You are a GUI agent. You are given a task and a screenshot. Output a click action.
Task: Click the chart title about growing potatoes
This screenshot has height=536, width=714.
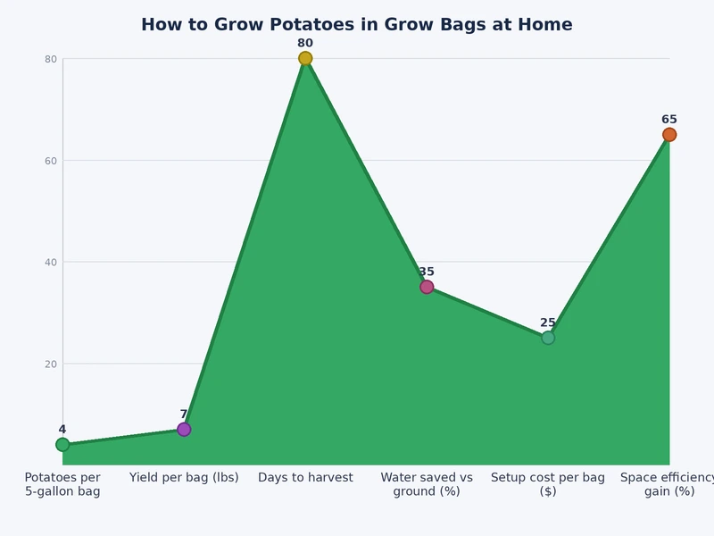pyautogui.click(x=357, y=25)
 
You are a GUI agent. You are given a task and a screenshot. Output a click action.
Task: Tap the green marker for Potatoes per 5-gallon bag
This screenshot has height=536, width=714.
pyautogui.click(x=62, y=445)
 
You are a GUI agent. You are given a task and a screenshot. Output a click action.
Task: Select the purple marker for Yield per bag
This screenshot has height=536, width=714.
pyautogui.click(x=184, y=430)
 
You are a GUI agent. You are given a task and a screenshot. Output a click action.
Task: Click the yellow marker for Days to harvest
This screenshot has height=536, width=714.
pyautogui.click(x=305, y=59)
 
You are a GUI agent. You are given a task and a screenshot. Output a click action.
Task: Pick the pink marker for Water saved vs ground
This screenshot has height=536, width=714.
pyautogui.click(x=427, y=287)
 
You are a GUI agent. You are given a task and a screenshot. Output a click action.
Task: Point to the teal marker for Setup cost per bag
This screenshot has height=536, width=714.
pyautogui.click(x=548, y=338)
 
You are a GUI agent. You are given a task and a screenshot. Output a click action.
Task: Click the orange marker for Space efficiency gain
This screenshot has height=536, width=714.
pyautogui.click(x=669, y=135)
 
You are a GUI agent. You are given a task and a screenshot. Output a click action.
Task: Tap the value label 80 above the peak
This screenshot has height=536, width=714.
pyautogui.click(x=305, y=43)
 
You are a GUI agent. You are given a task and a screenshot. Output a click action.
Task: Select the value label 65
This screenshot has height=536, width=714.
pyautogui.click(x=669, y=120)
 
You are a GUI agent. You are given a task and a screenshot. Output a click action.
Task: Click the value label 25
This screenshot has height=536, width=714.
pyautogui.click(x=548, y=322)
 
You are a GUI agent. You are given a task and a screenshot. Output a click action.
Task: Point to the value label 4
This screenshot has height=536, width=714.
pyautogui.click(x=62, y=430)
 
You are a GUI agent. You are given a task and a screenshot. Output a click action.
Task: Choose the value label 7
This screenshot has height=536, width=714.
pyautogui.click(x=184, y=415)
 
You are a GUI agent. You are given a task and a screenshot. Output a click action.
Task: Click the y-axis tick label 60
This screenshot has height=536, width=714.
pyautogui.click(x=51, y=161)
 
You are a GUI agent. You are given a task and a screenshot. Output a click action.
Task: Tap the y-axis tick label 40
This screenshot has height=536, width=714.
pyautogui.click(x=51, y=263)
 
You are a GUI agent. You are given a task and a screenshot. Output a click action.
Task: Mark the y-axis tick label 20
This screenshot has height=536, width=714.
pyautogui.click(x=51, y=364)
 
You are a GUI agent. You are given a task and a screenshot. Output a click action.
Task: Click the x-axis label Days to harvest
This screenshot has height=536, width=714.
pyautogui.click(x=305, y=478)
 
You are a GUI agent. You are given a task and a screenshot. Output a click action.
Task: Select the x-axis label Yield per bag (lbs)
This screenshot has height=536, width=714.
pyautogui.click(x=184, y=478)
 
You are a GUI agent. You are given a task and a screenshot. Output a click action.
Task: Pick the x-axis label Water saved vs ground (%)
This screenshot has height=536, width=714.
pyautogui.click(x=427, y=484)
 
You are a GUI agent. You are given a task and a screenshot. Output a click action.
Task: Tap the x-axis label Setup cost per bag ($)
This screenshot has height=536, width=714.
pyautogui.click(x=548, y=484)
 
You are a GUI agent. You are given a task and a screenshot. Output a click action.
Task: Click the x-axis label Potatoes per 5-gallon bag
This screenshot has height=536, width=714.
pyautogui.click(x=62, y=484)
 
